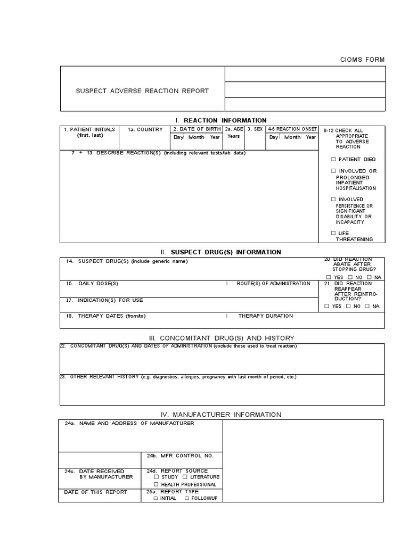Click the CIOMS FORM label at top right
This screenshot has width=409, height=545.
pyautogui.click(x=362, y=60)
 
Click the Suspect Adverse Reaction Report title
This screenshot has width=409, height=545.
pyautogui.click(x=142, y=91)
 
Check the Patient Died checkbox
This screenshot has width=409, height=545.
pyautogui.click(x=333, y=159)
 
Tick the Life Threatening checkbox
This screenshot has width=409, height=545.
pyautogui.click(x=333, y=233)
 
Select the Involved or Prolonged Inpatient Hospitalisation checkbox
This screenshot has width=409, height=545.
pyautogui.click(x=333, y=171)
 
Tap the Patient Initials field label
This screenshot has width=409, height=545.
pyautogui.click(x=89, y=129)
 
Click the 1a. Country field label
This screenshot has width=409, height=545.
pyautogui.click(x=145, y=129)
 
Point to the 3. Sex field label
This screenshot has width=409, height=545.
pyautogui.click(x=255, y=129)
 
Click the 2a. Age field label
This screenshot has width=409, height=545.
pyautogui.click(x=234, y=129)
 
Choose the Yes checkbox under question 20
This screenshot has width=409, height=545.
pyautogui.click(x=328, y=277)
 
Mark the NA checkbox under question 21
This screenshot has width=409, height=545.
pyautogui.click(x=367, y=306)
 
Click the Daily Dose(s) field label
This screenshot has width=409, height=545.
pyautogui.click(x=92, y=284)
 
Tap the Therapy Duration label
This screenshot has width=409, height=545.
pyautogui.click(x=265, y=316)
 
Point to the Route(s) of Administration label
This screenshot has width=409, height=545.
pyautogui.click(x=273, y=284)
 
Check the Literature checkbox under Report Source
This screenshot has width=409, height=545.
pyautogui.click(x=186, y=477)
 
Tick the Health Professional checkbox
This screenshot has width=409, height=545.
pyautogui.click(x=156, y=484)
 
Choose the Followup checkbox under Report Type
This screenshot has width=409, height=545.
pyautogui.click(x=186, y=498)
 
